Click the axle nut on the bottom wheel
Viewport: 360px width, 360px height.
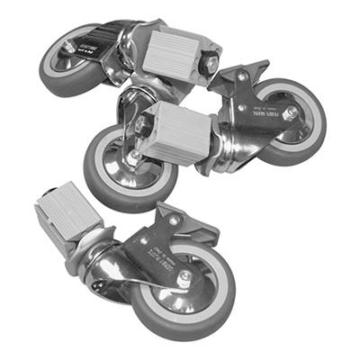click(x=184, y=279)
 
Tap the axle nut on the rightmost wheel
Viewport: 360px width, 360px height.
click(x=291, y=112)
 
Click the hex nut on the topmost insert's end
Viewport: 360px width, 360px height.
click(x=210, y=65)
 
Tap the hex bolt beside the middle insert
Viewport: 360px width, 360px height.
click(x=143, y=127)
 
